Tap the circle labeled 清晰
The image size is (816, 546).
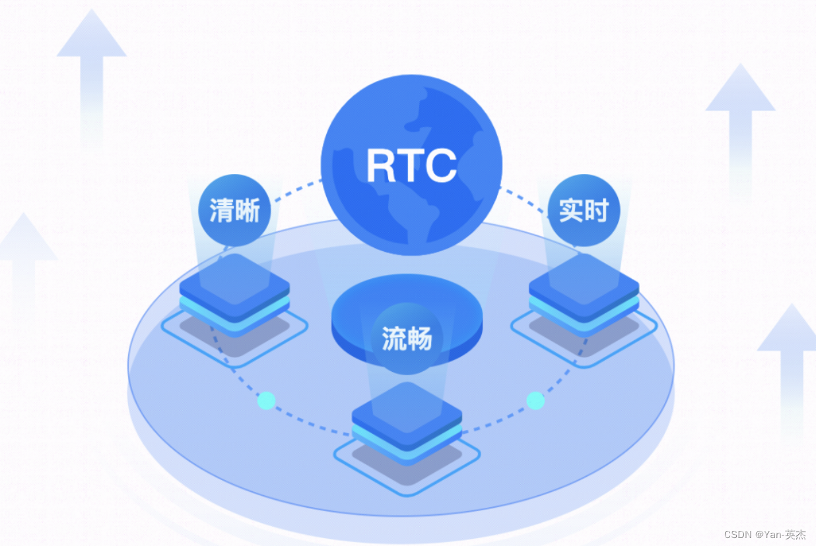234,210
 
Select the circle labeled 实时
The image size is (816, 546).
584,210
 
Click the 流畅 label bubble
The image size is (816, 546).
407,338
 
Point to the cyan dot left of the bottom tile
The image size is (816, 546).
267,400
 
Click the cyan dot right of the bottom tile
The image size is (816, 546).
535,400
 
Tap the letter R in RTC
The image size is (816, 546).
380,165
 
